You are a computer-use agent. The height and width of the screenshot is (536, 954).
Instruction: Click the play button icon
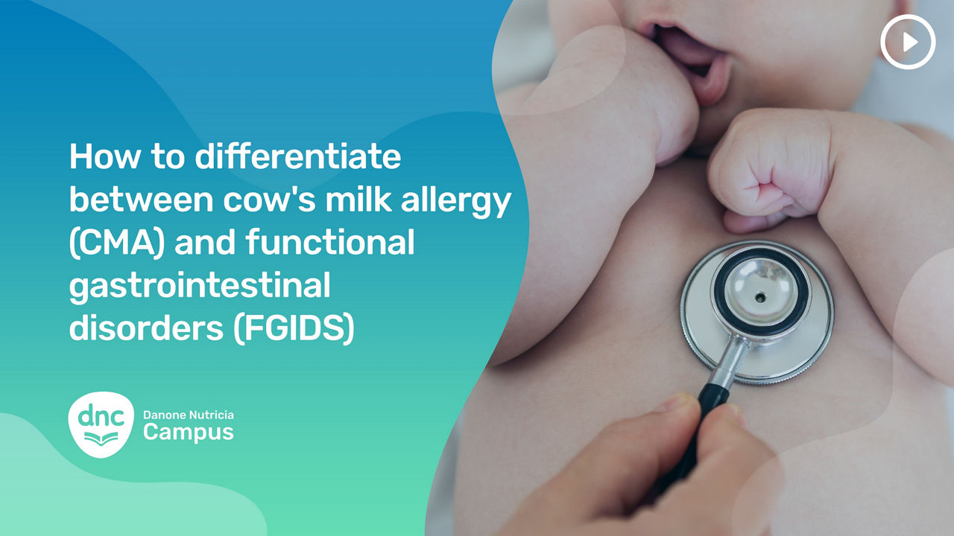pyautogui.click(x=908, y=42)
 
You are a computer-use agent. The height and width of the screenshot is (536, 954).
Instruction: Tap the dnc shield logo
pyautogui.click(x=101, y=424)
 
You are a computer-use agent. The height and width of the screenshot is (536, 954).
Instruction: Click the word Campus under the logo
pyautogui.click(x=189, y=433)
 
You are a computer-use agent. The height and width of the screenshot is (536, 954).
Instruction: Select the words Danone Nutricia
pyautogui.click(x=189, y=415)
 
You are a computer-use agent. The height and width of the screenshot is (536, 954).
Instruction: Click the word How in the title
pyautogui.click(x=104, y=156)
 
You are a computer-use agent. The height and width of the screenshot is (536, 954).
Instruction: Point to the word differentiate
pyautogui.click(x=297, y=156)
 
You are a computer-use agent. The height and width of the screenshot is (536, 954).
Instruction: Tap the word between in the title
pyautogui.click(x=141, y=199)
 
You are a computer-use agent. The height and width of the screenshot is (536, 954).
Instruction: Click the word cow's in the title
pyautogui.click(x=269, y=199)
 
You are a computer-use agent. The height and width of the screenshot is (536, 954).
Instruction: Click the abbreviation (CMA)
pyautogui.click(x=117, y=243)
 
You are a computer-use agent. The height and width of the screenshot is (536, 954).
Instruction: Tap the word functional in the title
pyautogui.click(x=329, y=241)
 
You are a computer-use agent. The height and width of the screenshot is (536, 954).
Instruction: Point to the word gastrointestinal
pyautogui.click(x=200, y=286)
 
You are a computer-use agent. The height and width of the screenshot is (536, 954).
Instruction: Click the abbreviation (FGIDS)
pyautogui.click(x=294, y=328)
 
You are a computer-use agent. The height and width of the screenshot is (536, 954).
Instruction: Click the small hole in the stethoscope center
pyautogui.click(x=759, y=296)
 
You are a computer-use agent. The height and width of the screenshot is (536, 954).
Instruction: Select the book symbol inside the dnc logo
pyautogui.click(x=101, y=438)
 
